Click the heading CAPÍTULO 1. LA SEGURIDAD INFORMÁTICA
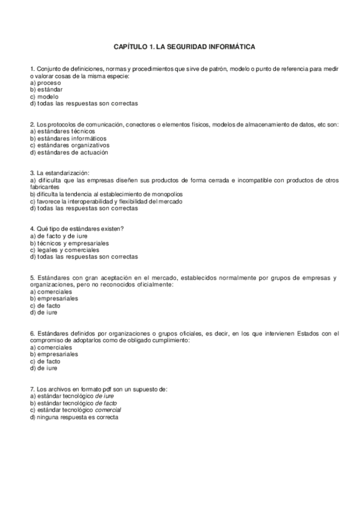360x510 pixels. point(180,46)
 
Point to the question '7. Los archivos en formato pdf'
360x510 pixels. point(98,389)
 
